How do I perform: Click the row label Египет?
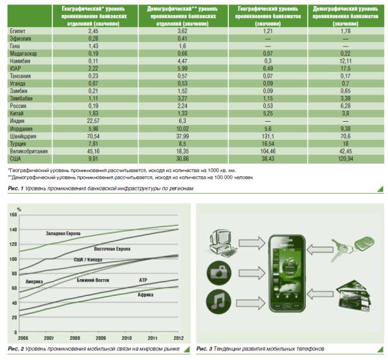(17, 30)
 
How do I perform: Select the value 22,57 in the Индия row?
(93, 120)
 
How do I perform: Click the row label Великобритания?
(28, 151)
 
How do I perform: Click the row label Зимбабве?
(22, 97)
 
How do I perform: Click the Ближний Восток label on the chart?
(94, 280)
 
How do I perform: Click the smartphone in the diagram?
(285, 272)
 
